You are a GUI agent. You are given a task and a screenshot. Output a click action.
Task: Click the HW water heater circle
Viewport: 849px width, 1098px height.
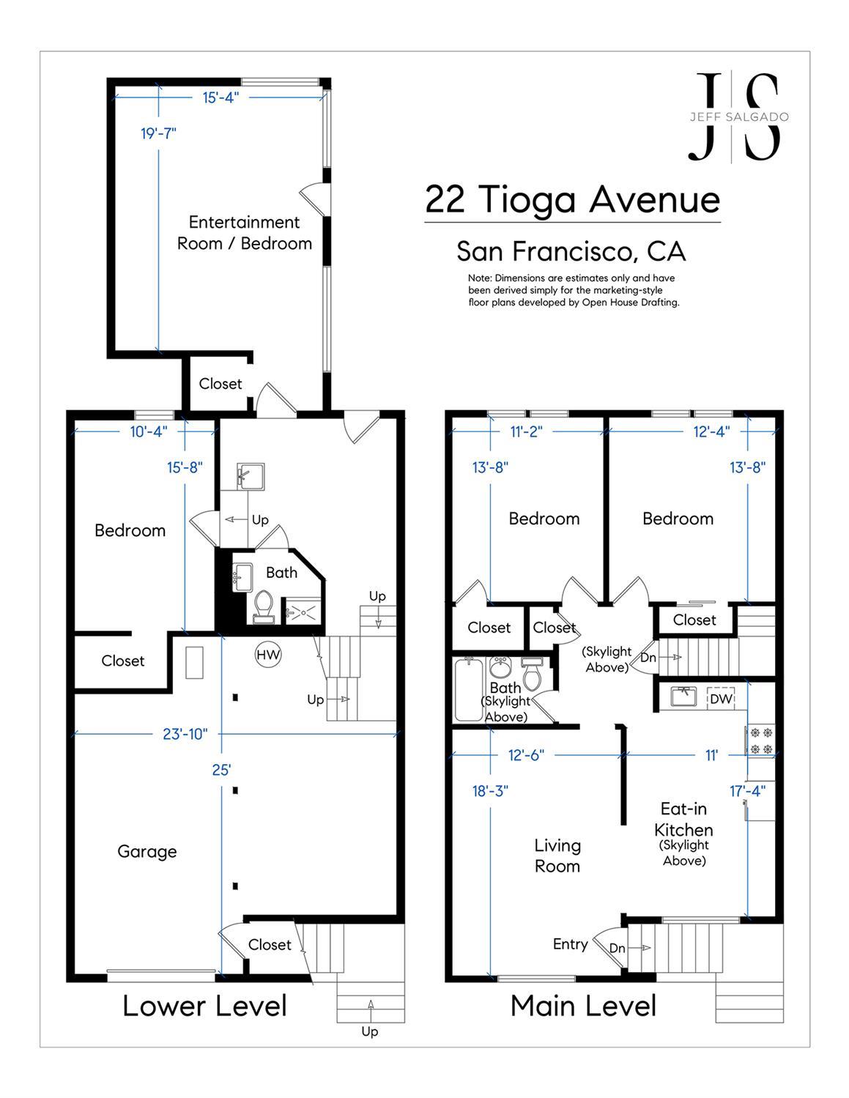click(x=268, y=655)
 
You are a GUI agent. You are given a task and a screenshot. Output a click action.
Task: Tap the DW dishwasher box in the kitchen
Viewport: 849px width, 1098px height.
click(x=721, y=699)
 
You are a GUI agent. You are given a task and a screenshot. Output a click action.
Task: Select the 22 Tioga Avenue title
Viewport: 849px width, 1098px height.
click(x=572, y=199)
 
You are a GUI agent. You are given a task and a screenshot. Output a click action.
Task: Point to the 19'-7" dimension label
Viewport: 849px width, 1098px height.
click(x=159, y=133)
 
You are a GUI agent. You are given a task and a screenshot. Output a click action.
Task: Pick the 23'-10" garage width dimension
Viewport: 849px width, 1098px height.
click(x=185, y=733)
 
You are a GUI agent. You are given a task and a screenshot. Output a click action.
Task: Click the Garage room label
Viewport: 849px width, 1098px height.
click(x=147, y=851)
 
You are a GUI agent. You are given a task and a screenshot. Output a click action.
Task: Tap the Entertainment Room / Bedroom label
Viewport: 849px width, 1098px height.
click(x=245, y=233)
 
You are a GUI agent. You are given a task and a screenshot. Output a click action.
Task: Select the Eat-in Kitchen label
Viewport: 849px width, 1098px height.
click(x=683, y=820)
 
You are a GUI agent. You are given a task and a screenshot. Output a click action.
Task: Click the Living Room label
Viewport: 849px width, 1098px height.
click(x=557, y=856)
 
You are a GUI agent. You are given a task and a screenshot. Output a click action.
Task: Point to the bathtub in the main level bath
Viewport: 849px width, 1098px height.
click(x=466, y=689)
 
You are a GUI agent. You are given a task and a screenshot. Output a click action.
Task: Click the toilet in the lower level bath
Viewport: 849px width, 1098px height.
click(x=263, y=606)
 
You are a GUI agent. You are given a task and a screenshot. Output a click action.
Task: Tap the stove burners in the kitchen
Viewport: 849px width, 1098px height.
click(x=760, y=740)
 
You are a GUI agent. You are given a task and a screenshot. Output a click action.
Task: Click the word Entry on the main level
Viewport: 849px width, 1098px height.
click(x=570, y=944)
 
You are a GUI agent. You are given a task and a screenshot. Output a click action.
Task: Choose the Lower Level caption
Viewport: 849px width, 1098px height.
click(x=204, y=1006)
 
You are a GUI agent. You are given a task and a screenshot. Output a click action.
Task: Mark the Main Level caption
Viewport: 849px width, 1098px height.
click(x=583, y=1006)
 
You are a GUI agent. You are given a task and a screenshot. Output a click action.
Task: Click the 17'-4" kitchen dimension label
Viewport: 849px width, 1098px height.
click(x=747, y=791)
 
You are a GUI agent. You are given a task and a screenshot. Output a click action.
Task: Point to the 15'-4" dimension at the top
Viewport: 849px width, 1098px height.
click(x=220, y=97)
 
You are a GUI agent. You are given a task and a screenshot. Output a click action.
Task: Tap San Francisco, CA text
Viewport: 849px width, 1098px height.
click(x=571, y=251)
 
